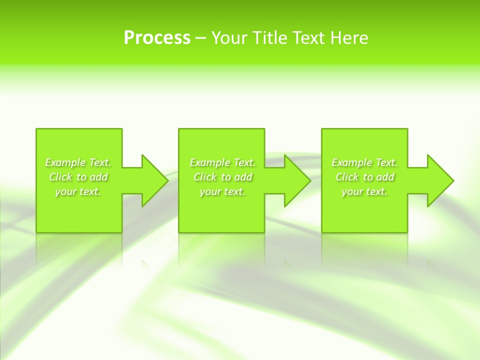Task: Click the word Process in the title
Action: pyautogui.click(x=157, y=38)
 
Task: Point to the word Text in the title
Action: pyautogui.click(x=308, y=38)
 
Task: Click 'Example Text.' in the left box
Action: pyautogui.click(x=78, y=162)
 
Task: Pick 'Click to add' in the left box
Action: pyautogui.click(x=78, y=177)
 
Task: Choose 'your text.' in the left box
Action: pyautogui.click(x=78, y=191)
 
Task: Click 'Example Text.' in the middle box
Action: pyautogui.click(x=222, y=162)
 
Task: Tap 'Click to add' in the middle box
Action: pyautogui.click(x=223, y=177)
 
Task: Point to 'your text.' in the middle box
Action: pyautogui.click(x=222, y=191)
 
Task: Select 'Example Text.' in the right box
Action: pyautogui.click(x=364, y=162)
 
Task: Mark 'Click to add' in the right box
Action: pyautogui.click(x=365, y=177)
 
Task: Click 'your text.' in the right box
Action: pyautogui.click(x=364, y=191)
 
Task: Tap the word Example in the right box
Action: pyautogui.click(x=352, y=162)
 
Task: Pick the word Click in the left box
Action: pyautogui.click(x=60, y=177)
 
